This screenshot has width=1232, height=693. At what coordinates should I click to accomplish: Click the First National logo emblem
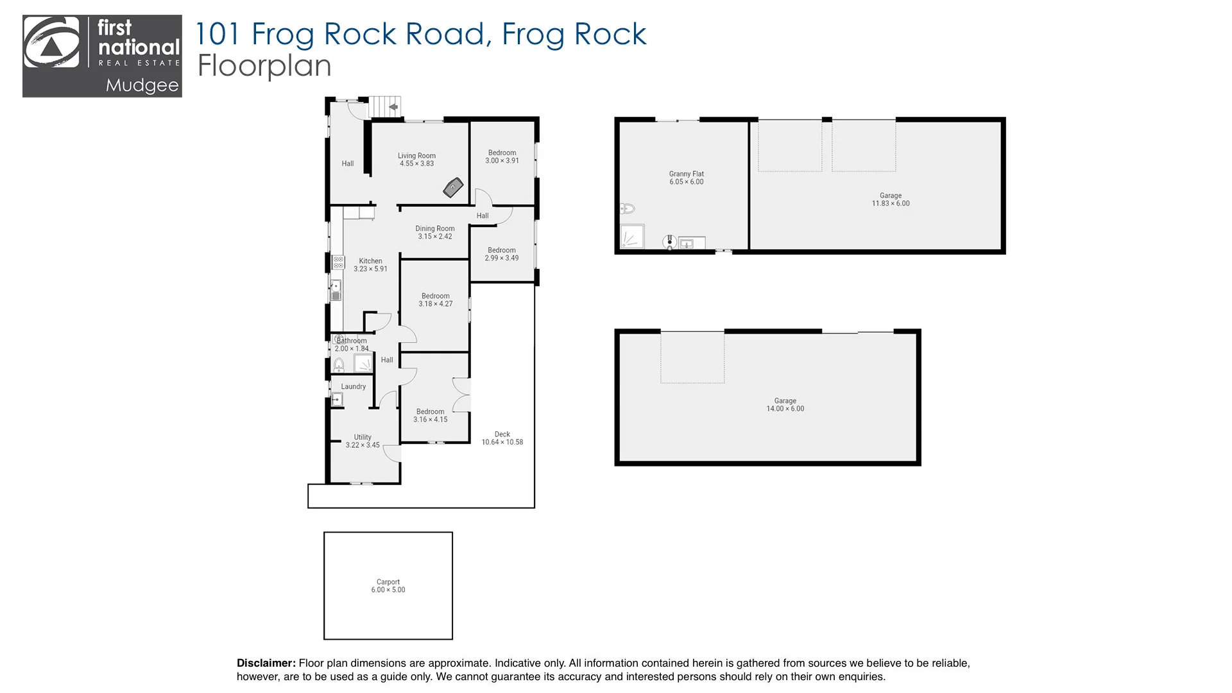[51, 43]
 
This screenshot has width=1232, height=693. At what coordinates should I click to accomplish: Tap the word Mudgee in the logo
[142, 85]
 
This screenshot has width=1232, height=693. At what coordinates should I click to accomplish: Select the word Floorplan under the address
[264, 65]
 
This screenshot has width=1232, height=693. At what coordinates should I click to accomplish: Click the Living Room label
[416, 159]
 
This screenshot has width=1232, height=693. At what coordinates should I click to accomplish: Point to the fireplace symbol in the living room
[453, 187]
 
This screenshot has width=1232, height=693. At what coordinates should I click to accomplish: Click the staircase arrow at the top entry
[393, 107]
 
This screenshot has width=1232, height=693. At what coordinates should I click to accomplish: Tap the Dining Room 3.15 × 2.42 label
[435, 232]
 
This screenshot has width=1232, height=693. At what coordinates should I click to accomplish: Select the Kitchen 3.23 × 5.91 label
[370, 265]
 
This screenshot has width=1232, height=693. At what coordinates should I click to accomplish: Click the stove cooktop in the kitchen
[338, 262]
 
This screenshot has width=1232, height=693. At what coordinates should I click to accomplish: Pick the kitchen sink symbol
[335, 290]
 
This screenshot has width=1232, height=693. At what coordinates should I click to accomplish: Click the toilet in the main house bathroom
[339, 365]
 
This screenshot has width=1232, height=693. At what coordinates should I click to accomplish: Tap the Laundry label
[353, 386]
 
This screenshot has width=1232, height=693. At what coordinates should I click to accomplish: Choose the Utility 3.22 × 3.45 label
[363, 441]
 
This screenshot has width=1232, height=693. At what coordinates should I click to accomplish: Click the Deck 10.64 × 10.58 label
[502, 438]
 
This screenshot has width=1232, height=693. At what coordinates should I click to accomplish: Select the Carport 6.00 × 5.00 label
[388, 586]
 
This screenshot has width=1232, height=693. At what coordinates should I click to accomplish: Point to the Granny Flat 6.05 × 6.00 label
[686, 178]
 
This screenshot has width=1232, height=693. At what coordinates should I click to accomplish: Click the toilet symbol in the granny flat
[627, 209]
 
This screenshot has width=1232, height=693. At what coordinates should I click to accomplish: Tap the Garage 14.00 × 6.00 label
[785, 404]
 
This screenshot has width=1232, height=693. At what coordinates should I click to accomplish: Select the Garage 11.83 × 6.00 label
[890, 200]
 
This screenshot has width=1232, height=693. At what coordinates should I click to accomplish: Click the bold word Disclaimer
[266, 663]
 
